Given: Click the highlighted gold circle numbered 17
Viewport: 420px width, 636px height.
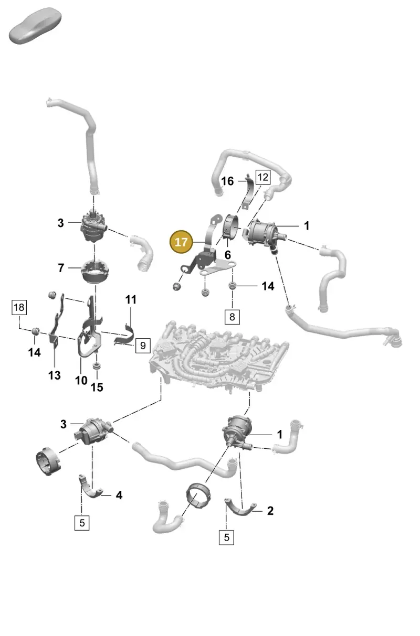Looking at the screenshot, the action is click(x=181, y=242).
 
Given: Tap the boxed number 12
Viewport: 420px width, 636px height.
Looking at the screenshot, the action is click(x=262, y=177).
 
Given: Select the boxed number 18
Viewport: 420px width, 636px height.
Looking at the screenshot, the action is click(x=19, y=307).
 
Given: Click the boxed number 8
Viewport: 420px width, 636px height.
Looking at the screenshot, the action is click(x=232, y=317).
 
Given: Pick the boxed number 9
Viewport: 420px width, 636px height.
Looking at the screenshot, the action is click(x=143, y=346).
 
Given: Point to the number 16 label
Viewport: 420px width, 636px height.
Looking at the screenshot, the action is click(x=227, y=181).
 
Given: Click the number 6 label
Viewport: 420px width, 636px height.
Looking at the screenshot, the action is click(x=227, y=255).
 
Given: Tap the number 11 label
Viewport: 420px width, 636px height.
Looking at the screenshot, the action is click(x=131, y=299).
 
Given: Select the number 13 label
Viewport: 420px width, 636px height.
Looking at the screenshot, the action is click(x=54, y=375).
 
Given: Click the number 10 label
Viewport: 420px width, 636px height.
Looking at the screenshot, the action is click(x=81, y=381).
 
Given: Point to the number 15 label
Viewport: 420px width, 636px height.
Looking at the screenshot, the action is click(x=97, y=387).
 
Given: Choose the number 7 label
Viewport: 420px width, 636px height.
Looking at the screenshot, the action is click(x=61, y=268).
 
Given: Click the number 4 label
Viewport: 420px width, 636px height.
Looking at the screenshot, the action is click(x=119, y=495).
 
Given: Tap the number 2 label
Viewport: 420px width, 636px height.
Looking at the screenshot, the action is click(x=270, y=511).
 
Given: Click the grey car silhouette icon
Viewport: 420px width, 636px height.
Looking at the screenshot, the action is click(x=35, y=26).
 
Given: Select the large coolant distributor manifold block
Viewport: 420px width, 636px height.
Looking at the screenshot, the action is click(x=219, y=357).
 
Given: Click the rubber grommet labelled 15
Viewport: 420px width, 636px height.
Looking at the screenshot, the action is click(x=97, y=365).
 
